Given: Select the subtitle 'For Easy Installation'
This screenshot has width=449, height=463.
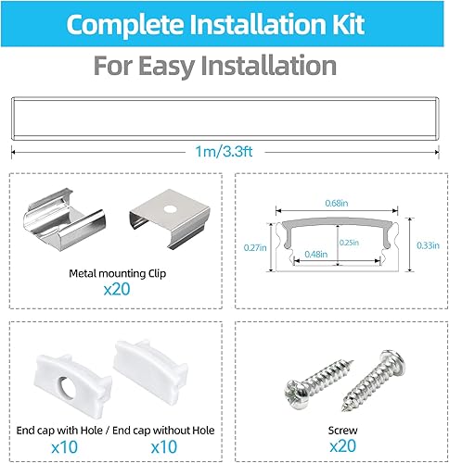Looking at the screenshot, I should point(214,66).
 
